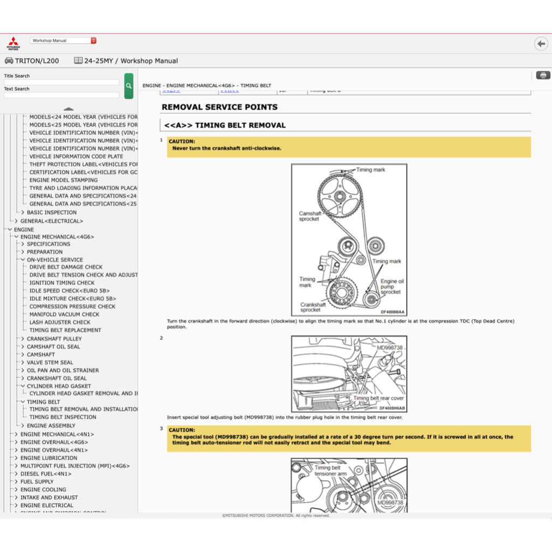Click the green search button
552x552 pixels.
point(128,86)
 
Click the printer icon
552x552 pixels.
point(543,75)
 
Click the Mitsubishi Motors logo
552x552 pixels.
point(13,43)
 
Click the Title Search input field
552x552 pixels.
point(61,82)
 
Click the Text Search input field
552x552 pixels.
point(61,95)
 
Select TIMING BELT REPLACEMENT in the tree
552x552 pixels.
point(65,330)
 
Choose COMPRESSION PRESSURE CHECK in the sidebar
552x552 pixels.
point(72,306)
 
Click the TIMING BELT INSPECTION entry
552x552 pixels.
point(63,417)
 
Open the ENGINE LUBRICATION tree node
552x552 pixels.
point(49,458)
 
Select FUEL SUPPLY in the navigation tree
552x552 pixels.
point(37,481)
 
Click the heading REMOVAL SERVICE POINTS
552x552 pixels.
point(219,107)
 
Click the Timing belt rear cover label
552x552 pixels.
point(378,398)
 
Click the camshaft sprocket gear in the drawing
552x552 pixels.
point(339,195)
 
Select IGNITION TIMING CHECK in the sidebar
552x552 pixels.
point(61,282)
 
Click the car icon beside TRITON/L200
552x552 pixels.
point(9,61)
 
